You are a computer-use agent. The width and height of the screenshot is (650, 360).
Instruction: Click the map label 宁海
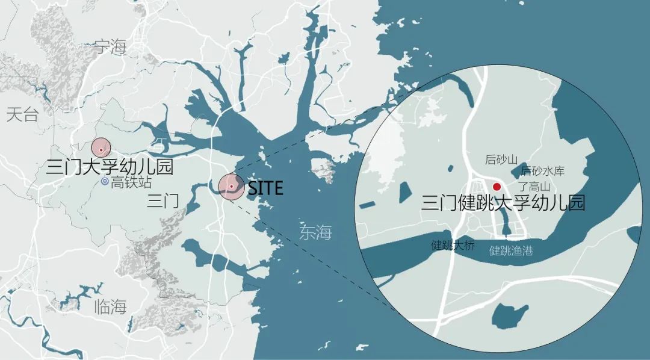coord(111,46)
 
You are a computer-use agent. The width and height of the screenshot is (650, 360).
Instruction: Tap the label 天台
coord(22,115)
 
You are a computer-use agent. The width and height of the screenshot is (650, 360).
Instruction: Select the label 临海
coord(111,307)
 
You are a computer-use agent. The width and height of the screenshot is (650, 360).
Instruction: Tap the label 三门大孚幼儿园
coord(110,166)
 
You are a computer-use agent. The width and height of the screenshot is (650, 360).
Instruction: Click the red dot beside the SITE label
coord(231,187)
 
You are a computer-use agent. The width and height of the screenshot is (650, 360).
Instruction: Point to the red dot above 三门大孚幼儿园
coord(101,148)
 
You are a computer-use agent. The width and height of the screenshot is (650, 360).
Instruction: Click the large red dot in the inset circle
coord(497,187)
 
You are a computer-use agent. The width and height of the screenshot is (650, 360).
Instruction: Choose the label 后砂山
coord(501,160)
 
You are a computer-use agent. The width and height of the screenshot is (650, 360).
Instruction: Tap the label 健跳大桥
coord(453,245)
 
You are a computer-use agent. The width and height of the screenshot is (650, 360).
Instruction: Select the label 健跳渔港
coord(511,250)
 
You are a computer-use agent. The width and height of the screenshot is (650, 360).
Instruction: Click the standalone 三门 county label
coord(162,201)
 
